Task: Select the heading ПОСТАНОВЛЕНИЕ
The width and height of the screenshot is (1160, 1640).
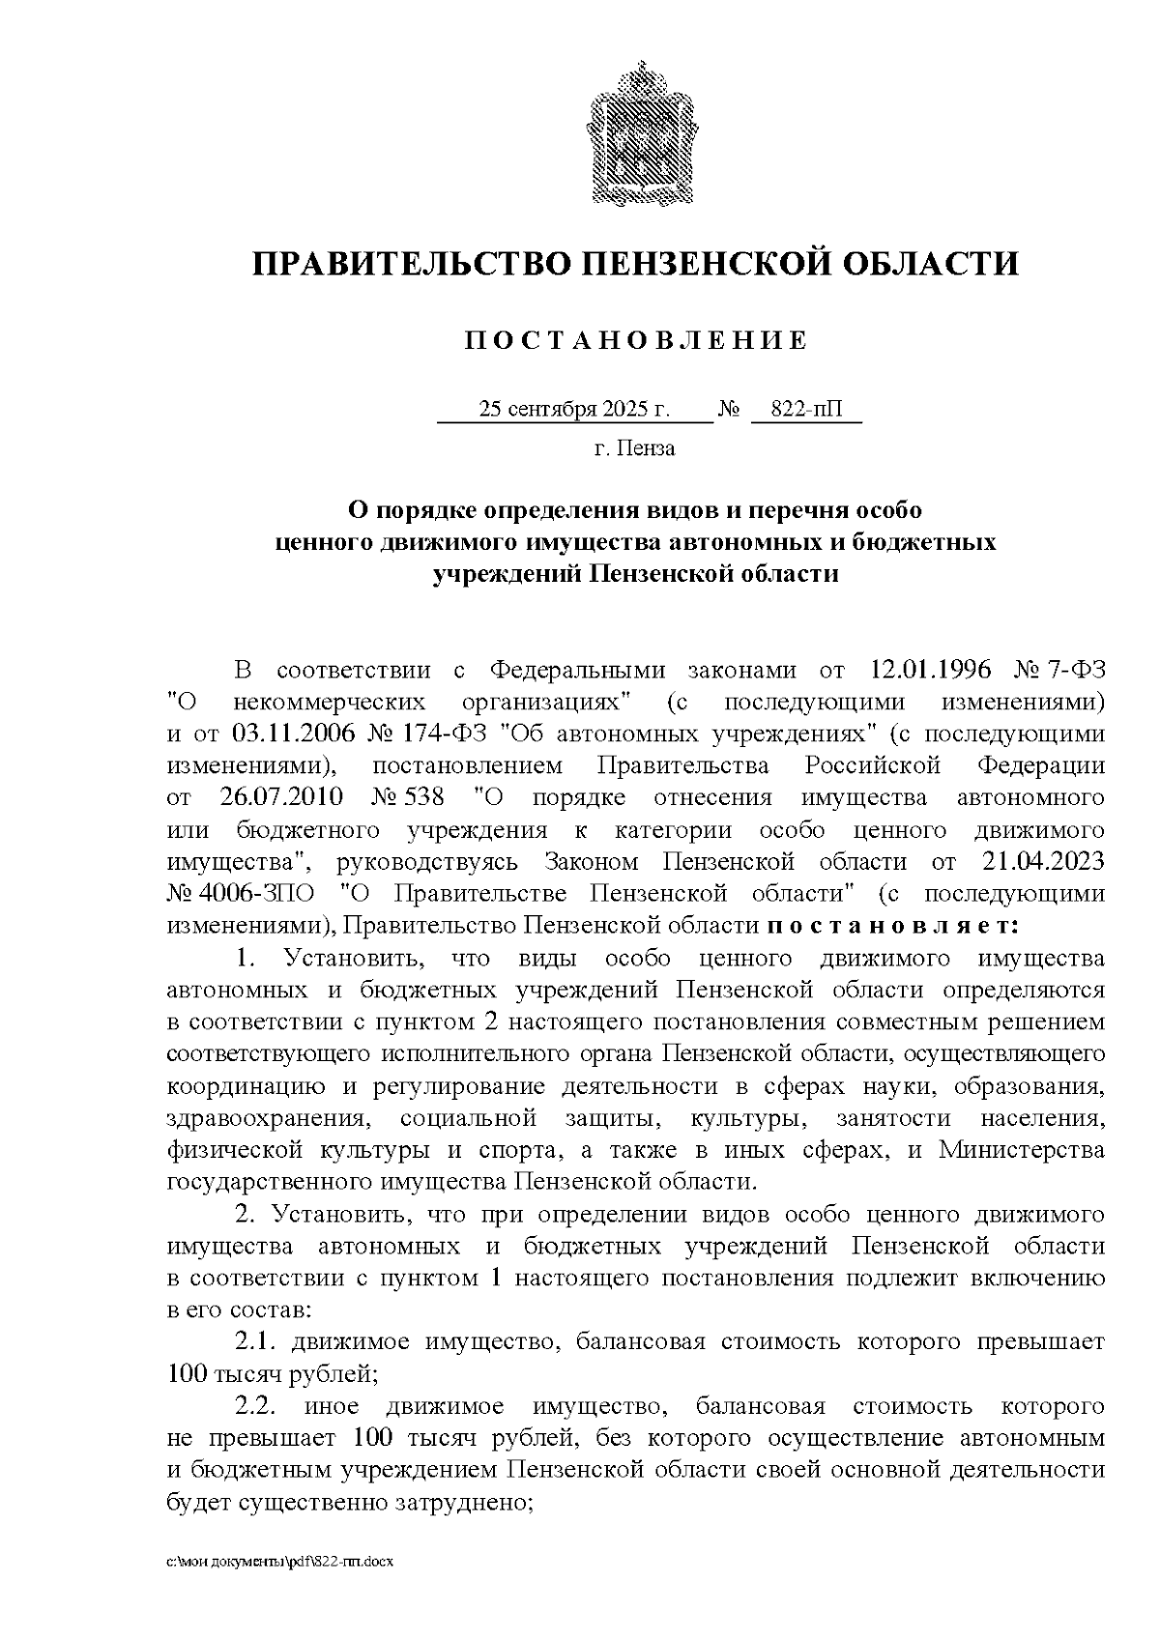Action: coord(635,340)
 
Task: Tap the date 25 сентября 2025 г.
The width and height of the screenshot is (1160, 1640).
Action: coord(574,410)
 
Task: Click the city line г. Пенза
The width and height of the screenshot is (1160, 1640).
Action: coord(634,448)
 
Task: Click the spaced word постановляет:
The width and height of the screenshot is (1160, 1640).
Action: coord(893,926)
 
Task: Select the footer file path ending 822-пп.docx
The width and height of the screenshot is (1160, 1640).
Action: coord(280,1562)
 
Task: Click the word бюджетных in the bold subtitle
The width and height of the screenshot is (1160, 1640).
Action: coord(922,542)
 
